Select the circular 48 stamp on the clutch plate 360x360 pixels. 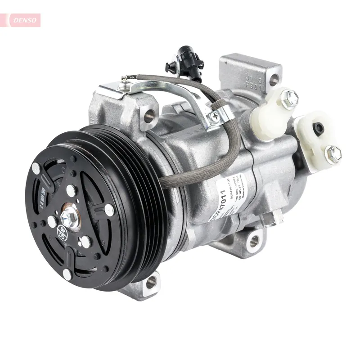point(61,232)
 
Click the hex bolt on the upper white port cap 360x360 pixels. point(289,99)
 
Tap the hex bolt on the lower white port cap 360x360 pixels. point(333,154)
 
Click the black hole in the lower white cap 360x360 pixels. point(319,129)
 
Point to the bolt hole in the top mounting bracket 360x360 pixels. point(274,81)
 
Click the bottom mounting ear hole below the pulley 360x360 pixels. point(151,282)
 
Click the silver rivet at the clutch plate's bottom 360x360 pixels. point(67,273)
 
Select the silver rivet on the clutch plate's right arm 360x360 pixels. point(109,210)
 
